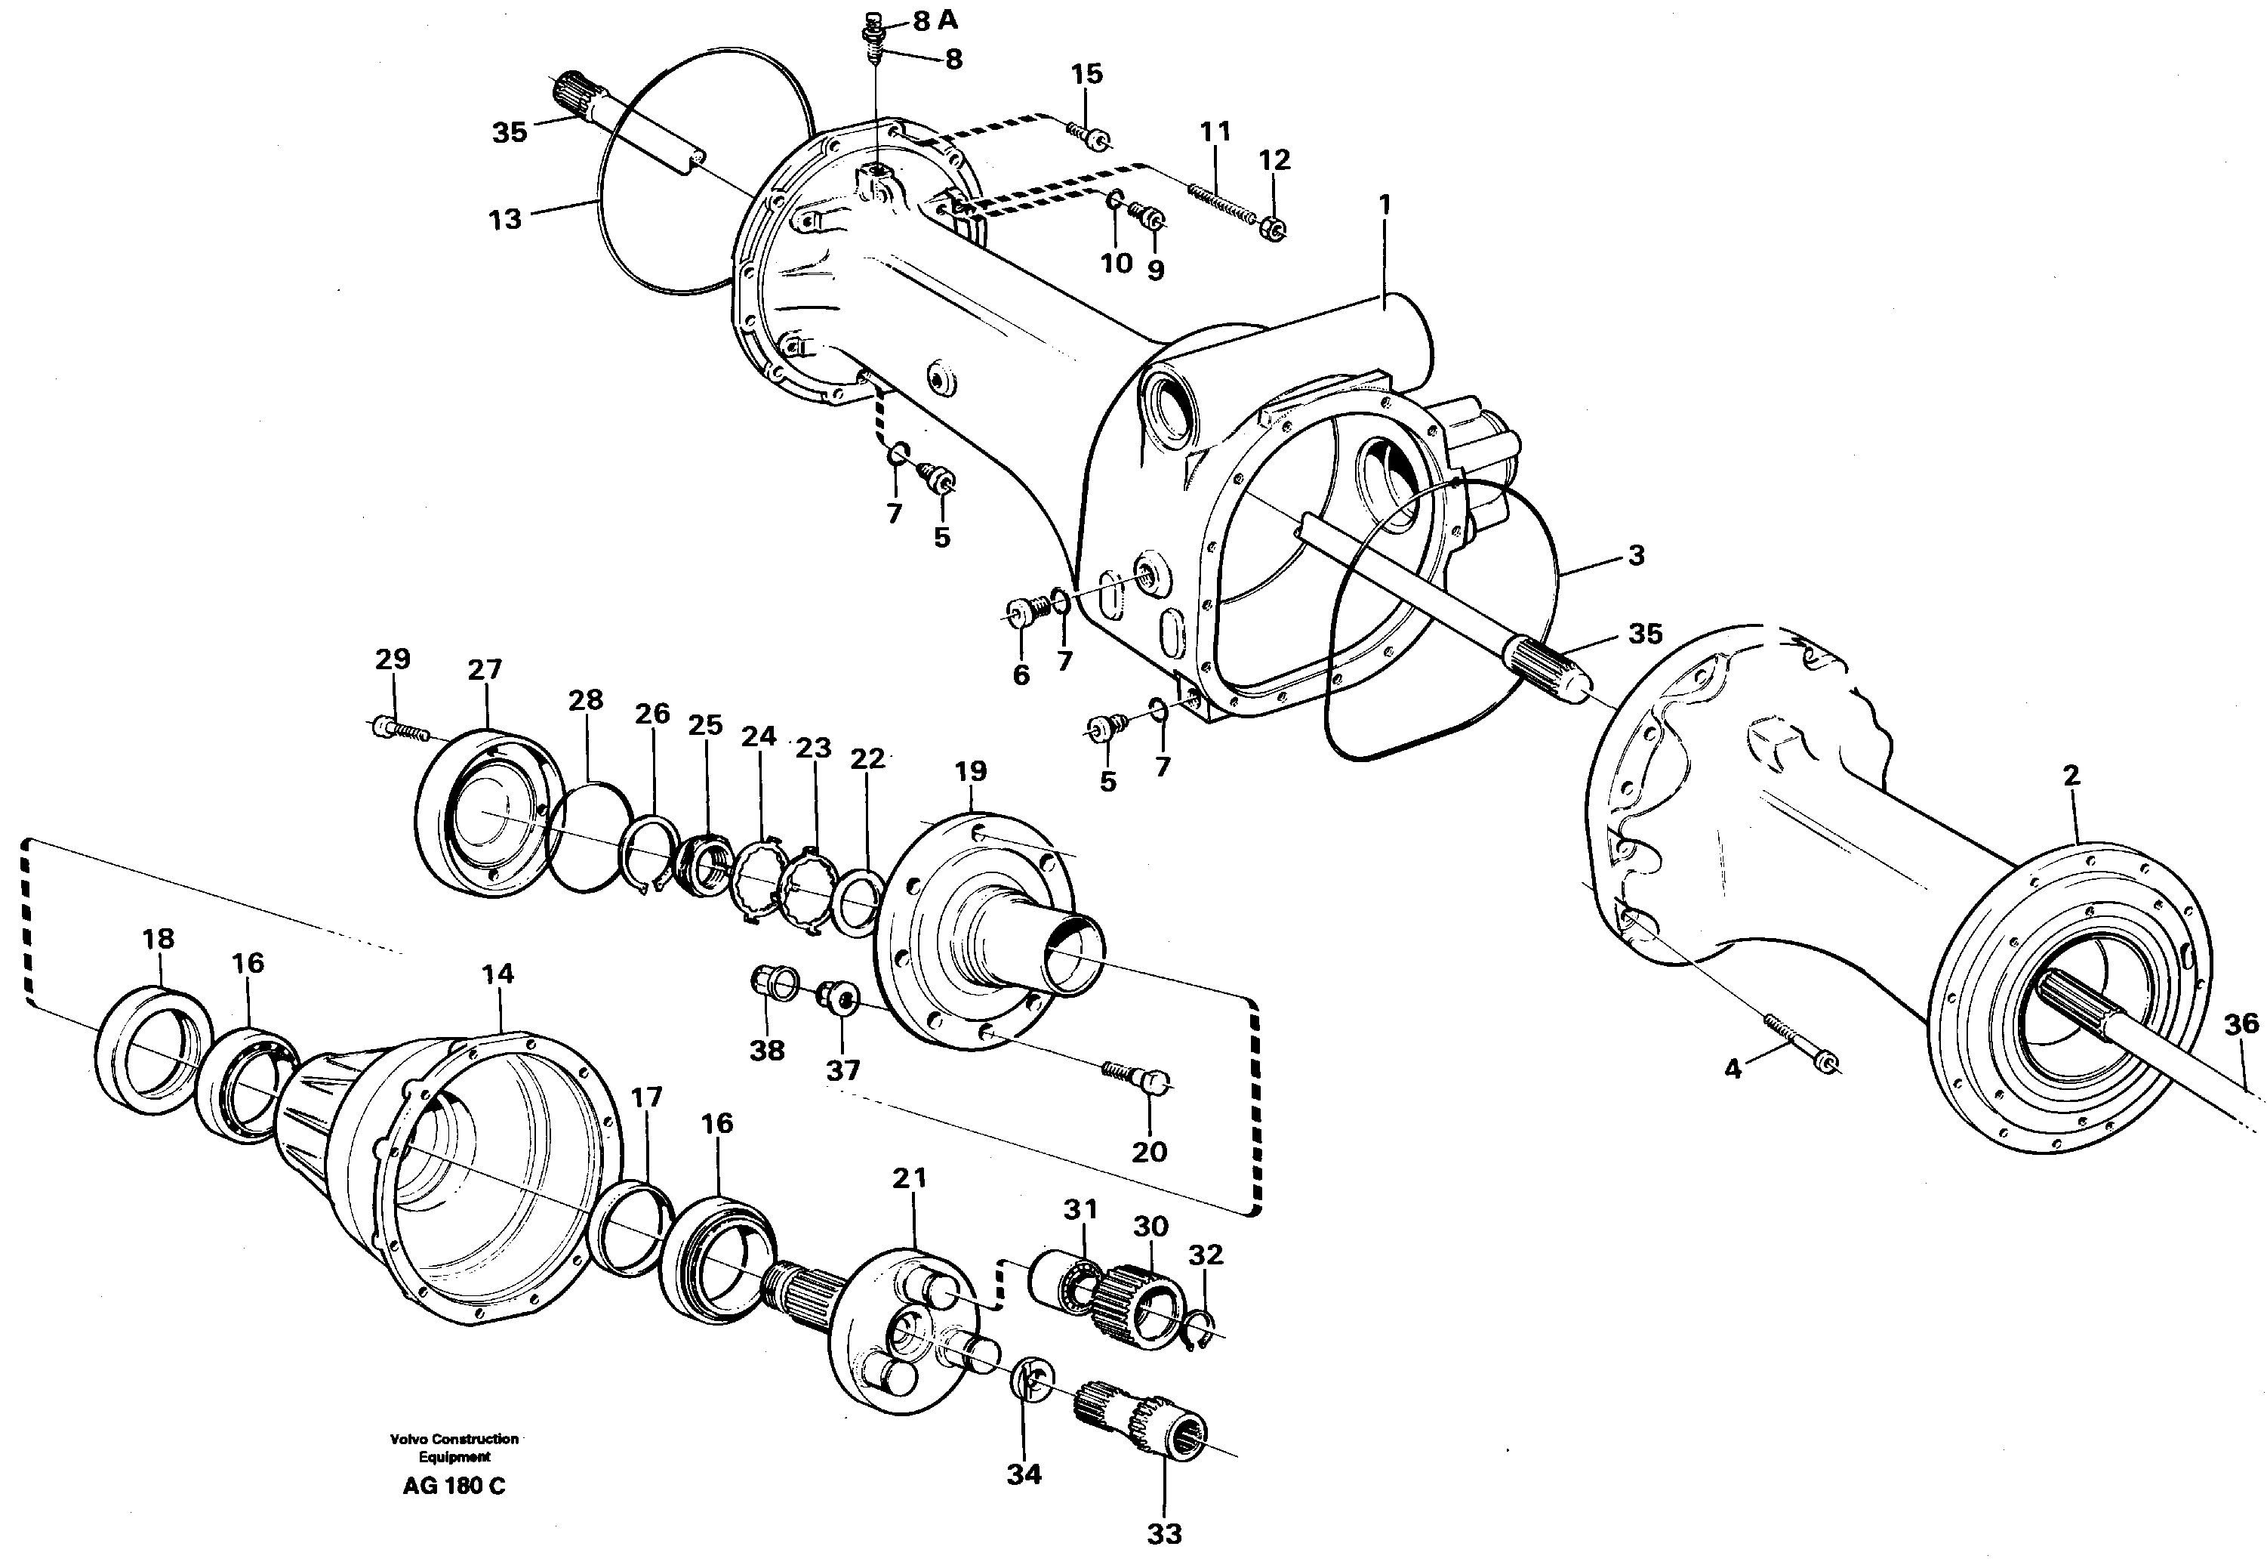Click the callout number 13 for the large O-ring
505,220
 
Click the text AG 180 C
454,1486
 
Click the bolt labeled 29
400,729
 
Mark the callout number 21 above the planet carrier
909,1178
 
